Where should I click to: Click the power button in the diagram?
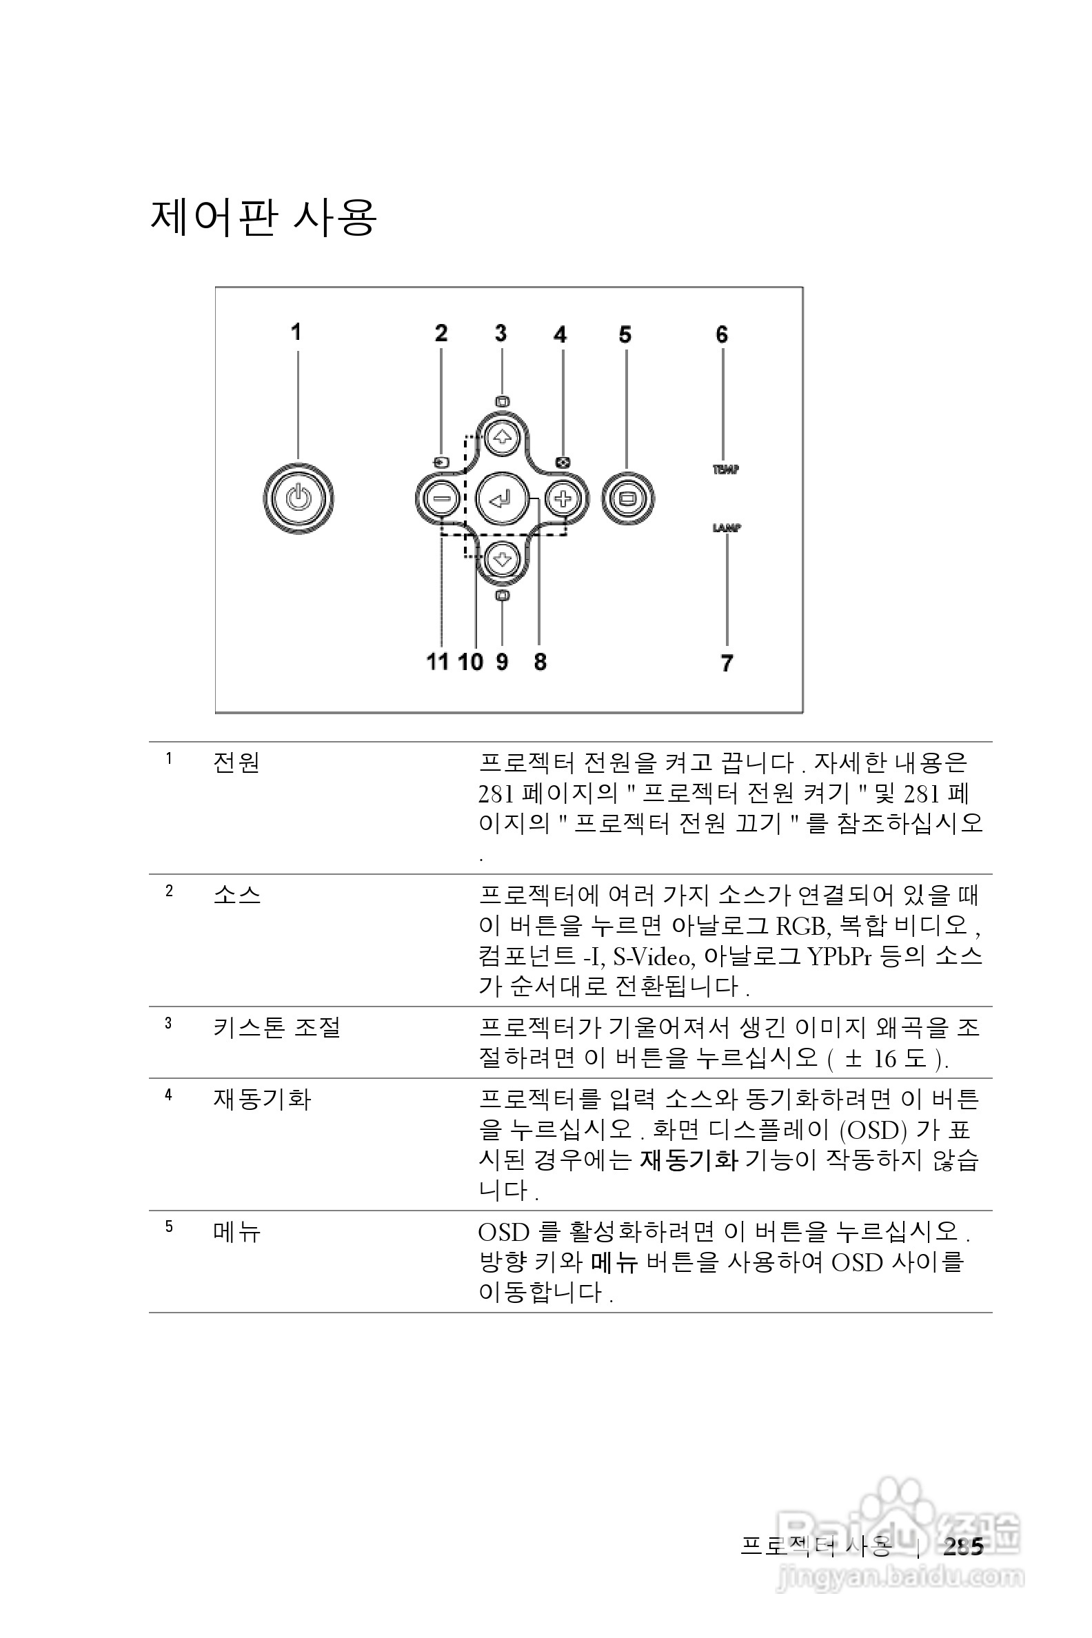[x=298, y=498]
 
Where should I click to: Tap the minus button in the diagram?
[x=441, y=498]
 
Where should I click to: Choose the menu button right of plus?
[x=627, y=498]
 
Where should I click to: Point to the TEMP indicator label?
[x=725, y=469]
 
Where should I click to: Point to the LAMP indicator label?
[x=727, y=528]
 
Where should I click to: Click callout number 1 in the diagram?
[x=296, y=332]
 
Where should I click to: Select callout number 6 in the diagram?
[x=722, y=335]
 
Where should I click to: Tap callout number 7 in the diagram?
[x=727, y=663]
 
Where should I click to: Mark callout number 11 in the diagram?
[x=437, y=662]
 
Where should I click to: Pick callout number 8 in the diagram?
[x=540, y=662]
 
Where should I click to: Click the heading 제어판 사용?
[x=263, y=217]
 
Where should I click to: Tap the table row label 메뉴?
[x=236, y=1233]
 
